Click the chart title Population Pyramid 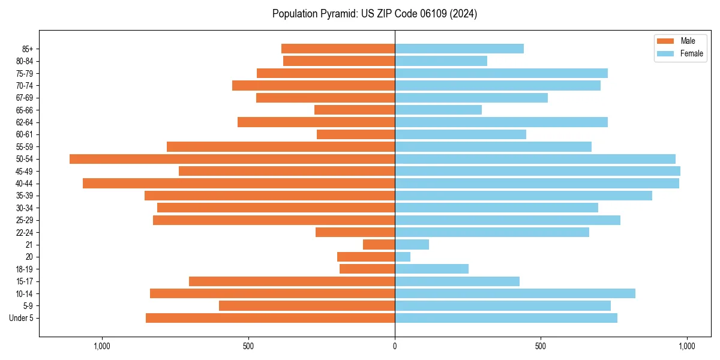[x=374, y=14]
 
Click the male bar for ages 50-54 [x=232, y=159]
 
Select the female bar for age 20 [x=403, y=257]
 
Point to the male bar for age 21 [x=379, y=244]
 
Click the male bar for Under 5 [x=270, y=318]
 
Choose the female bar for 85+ [x=459, y=49]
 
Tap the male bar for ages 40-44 [x=239, y=183]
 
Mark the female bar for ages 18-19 [x=431, y=269]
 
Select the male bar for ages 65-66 [x=355, y=110]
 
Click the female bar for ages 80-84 [x=441, y=61]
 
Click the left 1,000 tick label [x=102, y=346]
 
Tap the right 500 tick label [x=541, y=346]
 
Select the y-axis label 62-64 [x=25, y=122]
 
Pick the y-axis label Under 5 [x=22, y=318]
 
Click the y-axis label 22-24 [x=25, y=232]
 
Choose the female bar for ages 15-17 [x=457, y=281]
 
